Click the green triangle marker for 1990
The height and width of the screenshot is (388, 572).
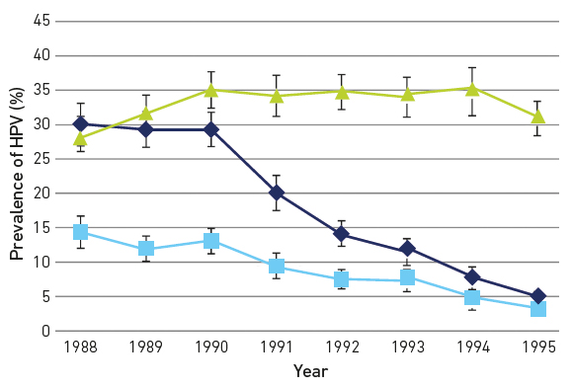pyautogui.click(x=210, y=90)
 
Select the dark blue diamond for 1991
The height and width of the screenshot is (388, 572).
pyautogui.click(x=277, y=193)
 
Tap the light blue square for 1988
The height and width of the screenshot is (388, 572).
pyautogui.click(x=81, y=232)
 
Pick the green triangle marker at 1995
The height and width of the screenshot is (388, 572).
pyautogui.click(x=538, y=116)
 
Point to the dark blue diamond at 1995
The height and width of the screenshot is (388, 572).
pyautogui.click(x=538, y=296)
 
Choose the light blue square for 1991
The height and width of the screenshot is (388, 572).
pyautogui.click(x=277, y=267)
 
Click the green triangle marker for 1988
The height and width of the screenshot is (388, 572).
pyautogui.click(x=81, y=138)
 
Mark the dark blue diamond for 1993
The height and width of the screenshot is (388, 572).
pyautogui.click(x=407, y=249)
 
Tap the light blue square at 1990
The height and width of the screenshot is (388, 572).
pyautogui.click(x=210, y=241)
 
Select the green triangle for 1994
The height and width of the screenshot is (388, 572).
pyautogui.click(x=472, y=88)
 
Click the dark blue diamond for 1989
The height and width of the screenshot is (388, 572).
pyautogui.click(x=146, y=129)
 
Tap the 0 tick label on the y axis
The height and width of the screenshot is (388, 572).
pyautogui.click(x=44, y=331)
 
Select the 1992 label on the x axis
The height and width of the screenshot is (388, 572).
pyautogui.click(x=342, y=349)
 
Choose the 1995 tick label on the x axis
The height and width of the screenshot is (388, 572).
pyautogui.click(x=538, y=349)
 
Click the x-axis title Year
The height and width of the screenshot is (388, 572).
pyautogui.click(x=309, y=372)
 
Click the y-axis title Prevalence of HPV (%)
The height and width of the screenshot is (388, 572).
pyautogui.click(x=16, y=173)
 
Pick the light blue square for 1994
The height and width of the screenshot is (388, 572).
pyautogui.click(x=472, y=297)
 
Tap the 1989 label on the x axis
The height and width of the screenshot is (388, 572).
pyautogui.click(x=146, y=349)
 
